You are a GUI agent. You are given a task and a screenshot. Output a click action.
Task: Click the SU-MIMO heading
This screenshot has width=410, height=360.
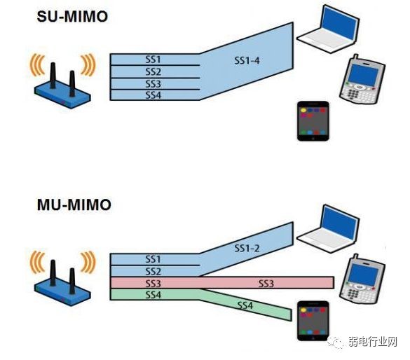(72, 17)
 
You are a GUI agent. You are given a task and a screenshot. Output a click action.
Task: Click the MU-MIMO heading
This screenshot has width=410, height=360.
(74, 205)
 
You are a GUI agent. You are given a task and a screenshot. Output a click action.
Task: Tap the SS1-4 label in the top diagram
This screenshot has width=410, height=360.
(247, 61)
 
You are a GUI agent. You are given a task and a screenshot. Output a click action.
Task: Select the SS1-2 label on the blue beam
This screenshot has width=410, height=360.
(247, 248)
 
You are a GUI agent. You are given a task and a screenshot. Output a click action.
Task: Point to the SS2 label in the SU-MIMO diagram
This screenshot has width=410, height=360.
(153, 71)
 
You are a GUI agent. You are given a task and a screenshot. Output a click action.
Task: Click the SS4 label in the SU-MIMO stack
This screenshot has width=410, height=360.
(153, 95)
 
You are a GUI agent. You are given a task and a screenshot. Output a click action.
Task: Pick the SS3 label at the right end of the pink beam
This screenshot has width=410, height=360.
(266, 283)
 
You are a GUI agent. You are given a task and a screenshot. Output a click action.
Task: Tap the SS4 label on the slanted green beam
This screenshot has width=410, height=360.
(245, 305)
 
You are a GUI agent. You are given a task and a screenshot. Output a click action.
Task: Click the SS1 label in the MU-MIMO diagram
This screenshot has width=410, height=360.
(153, 259)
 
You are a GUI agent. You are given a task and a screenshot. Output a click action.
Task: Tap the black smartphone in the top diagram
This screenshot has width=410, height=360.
(313, 121)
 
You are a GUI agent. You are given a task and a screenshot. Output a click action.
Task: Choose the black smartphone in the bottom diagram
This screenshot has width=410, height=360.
(313, 321)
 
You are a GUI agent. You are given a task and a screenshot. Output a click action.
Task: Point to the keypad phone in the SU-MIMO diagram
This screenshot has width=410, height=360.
(362, 79)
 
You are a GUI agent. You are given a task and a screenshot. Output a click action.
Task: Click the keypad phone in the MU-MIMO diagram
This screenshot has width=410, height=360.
(362, 279)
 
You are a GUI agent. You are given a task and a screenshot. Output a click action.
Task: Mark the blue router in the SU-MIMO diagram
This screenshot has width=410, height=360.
(62, 86)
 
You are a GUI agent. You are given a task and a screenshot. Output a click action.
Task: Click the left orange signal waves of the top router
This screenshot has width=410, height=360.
(36, 65)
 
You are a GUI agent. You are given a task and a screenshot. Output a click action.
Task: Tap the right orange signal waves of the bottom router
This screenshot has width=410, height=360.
(88, 262)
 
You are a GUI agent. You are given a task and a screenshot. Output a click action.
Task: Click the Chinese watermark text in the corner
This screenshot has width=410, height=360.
(372, 342)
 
